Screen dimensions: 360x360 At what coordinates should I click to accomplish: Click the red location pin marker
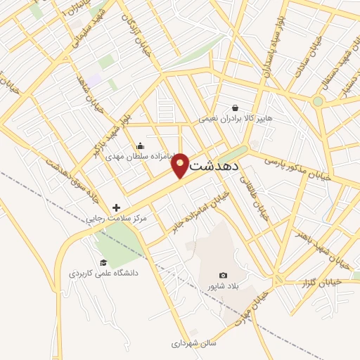pyautogui.click(x=180, y=165)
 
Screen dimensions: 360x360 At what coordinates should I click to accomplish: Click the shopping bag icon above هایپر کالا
pyautogui.click(x=235, y=108)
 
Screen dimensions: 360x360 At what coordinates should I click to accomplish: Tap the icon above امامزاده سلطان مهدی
pyautogui.click(x=141, y=146)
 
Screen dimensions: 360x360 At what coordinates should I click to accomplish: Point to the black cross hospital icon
pyautogui.click(x=117, y=207)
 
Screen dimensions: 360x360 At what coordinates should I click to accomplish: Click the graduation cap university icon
pyautogui.click(x=103, y=262)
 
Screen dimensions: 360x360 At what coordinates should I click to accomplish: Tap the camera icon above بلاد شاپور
pyautogui.click(x=224, y=275)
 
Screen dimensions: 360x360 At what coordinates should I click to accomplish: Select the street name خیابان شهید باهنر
pyautogui.click(x=323, y=247)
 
